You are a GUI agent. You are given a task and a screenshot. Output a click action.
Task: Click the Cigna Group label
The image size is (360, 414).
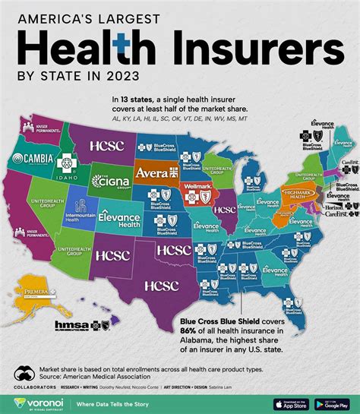pyautogui.click(x=112, y=181)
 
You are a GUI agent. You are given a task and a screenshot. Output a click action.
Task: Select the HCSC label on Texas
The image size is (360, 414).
pyautogui.click(x=161, y=285)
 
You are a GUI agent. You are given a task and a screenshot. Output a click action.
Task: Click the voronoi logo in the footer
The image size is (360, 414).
pyautogui.click(x=39, y=402)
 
